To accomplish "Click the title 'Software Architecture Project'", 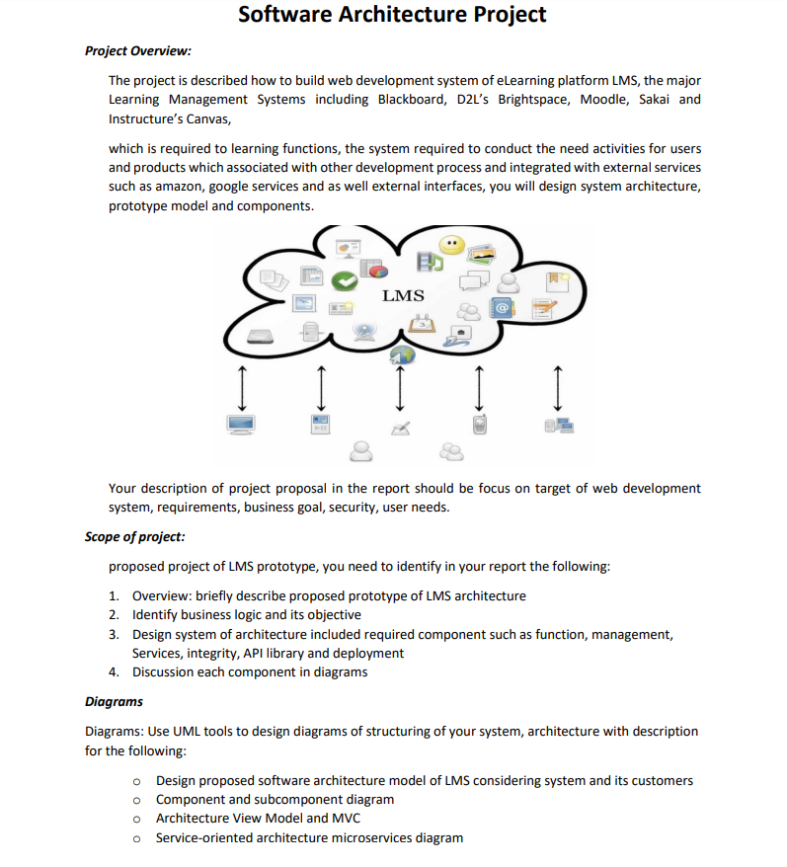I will (x=392, y=15).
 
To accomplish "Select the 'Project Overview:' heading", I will (x=137, y=50).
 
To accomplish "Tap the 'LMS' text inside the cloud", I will (x=403, y=295).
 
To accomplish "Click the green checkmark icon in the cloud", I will (x=344, y=281).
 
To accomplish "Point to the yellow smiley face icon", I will (x=451, y=244).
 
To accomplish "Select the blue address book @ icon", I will (x=503, y=308).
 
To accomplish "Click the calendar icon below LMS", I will (x=421, y=321).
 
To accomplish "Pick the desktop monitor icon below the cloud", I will (x=241, y=426).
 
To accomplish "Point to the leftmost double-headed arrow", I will (x=240, y=387).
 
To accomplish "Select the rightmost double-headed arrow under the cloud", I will (x=559, y=387).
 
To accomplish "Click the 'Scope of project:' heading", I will (x=135, y=537).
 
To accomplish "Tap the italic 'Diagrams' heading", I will (x=114, y=701).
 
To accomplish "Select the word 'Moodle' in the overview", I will (x=603, y=99).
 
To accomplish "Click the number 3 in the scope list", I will (x=114, y=634).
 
